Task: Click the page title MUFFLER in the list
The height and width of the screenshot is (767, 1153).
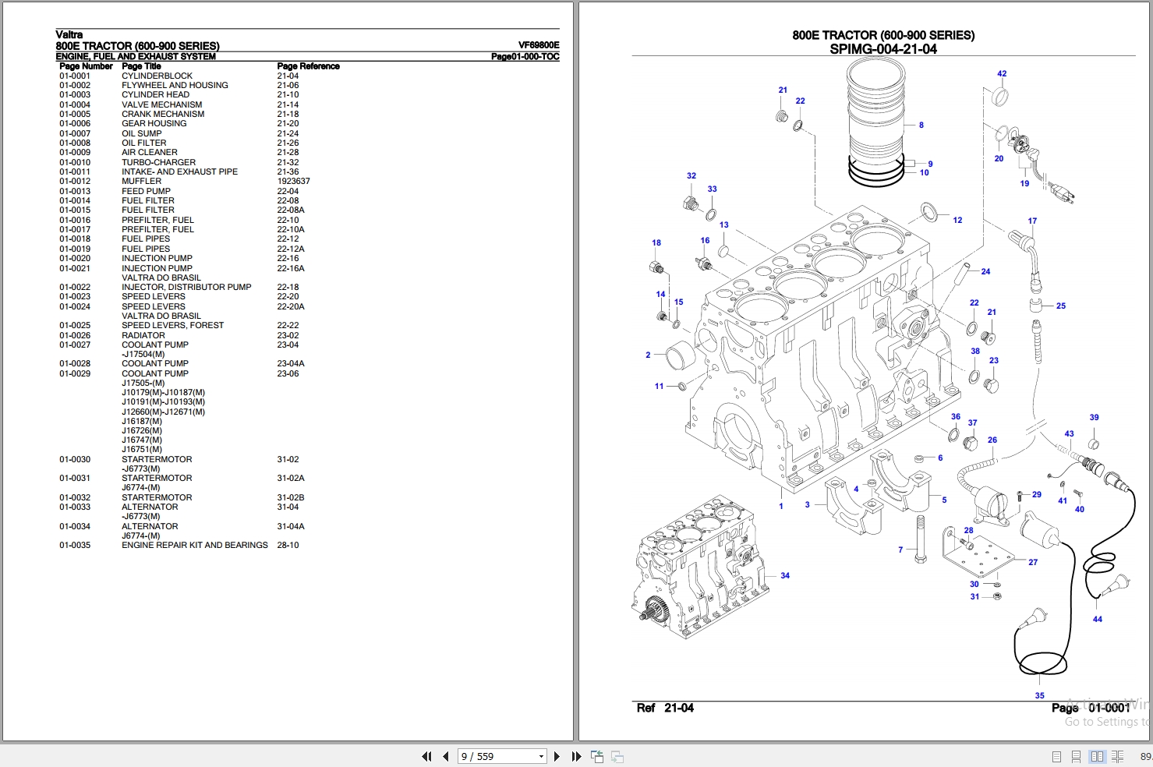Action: click(x=141, y=181)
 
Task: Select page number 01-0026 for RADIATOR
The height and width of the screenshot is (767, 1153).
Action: click(x=75, y=335)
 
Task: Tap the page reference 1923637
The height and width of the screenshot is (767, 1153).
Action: click(x=293, y=181)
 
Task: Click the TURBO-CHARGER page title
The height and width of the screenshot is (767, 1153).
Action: click(x=158, y=162)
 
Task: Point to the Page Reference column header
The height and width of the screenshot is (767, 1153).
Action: click(x=308, y=66)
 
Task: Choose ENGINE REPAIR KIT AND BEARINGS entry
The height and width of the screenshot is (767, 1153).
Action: click(x=195, y=545)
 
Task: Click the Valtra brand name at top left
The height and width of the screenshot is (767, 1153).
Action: click(x=69, y=34)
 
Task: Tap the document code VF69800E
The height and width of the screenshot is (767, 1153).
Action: click(x=539, y=45)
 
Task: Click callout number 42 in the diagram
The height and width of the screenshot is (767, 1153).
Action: click(x=1002, y=73)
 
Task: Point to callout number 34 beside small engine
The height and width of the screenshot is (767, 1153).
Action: click(x=785, y=575)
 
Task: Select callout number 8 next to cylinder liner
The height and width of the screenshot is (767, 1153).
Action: click(x=921, y=125)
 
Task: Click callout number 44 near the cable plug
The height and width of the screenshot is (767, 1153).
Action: click(x=1098, y=619)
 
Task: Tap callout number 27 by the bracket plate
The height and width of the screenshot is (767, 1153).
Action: click(x=1033, y=562)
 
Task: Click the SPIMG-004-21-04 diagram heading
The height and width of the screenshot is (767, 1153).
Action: click(x=883, y=49)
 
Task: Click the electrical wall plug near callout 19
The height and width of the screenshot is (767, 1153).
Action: click(x=1061, y=193)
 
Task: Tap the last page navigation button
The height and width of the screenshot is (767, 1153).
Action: click(x=577, y=756)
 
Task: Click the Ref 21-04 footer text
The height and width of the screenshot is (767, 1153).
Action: click(x=665, y=709)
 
